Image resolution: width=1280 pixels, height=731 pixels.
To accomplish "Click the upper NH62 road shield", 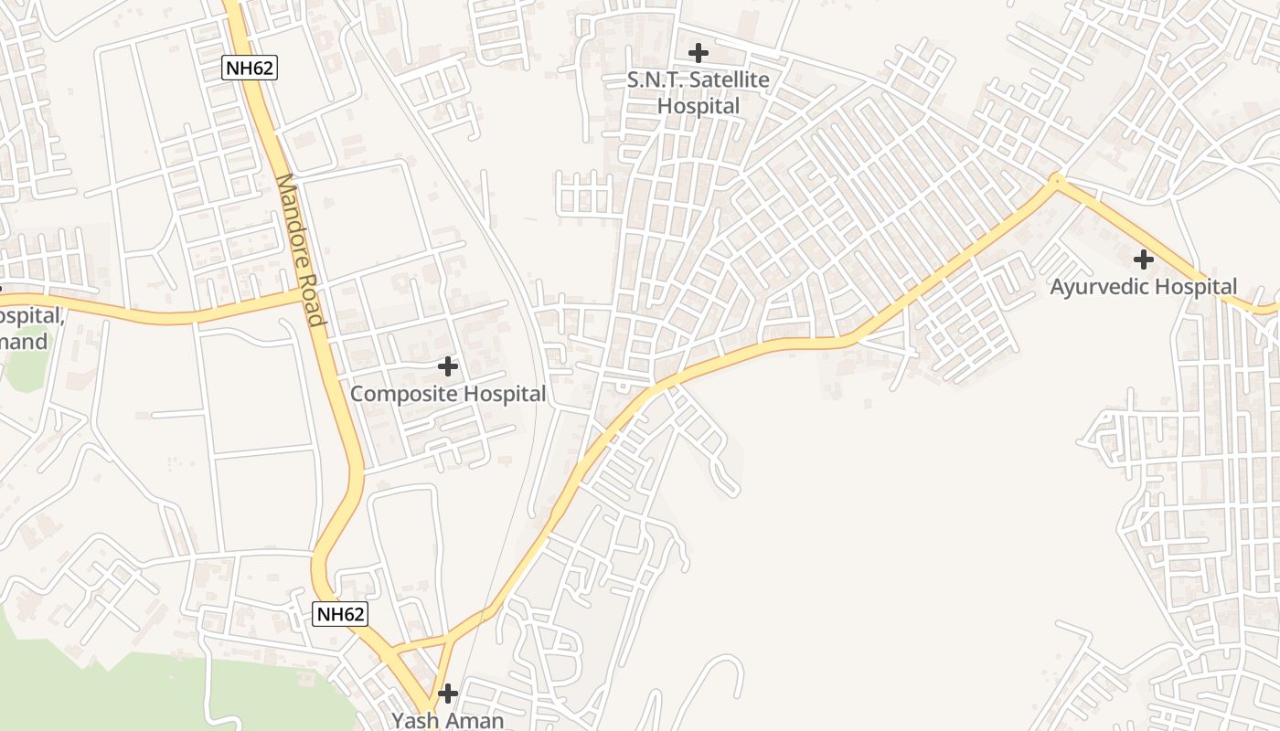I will click(x=249, y=67).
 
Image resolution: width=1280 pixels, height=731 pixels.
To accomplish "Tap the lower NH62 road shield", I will click(x=340, y=614).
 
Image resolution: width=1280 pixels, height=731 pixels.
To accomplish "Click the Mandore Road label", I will click(x=301, y=249).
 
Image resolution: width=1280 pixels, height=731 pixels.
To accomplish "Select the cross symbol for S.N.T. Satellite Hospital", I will click(x=699, y=53).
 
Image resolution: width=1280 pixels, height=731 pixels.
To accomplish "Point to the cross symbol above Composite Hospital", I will click(x=448, y=366).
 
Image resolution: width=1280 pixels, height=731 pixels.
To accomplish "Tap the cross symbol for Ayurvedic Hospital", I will click(x=1143, y=259).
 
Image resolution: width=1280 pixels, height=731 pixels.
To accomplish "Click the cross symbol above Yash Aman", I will click(x=447, y=694).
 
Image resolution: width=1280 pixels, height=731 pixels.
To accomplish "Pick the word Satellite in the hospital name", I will click(x=729, y=80).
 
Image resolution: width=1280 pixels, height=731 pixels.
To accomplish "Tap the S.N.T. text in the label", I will click(x=655, y=80).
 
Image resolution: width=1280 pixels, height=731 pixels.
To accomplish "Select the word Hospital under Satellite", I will click(x=699, y=106).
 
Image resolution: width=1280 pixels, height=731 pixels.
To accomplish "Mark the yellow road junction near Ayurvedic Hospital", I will click(x=1057, y=182).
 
